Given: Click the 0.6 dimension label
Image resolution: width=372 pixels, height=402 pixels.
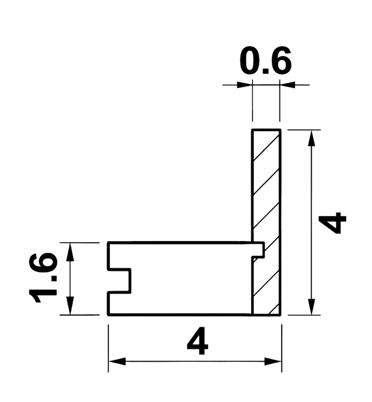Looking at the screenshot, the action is (x=266, y=61).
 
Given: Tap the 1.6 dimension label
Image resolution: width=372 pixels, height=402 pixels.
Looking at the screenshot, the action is (x=43, y=278).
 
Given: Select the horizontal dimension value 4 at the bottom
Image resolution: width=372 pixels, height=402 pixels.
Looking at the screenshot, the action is (x=197, y=341).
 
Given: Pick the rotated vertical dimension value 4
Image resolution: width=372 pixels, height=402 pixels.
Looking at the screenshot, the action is (x=332, y=223).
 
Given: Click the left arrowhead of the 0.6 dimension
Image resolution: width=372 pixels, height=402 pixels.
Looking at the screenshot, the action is (x=245, y=85).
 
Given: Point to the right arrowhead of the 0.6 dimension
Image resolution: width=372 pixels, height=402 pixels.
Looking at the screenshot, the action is (x=287, y=85).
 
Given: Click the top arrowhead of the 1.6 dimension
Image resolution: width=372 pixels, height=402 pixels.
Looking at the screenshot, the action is (x=70, y=252).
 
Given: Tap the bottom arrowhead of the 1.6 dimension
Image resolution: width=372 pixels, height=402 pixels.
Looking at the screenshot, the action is (x=70, y=306).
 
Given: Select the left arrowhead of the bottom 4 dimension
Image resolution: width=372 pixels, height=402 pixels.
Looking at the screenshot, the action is (x=117, y=362).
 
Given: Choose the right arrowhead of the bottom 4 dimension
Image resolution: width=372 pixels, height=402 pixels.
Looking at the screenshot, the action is (x=273, y=362).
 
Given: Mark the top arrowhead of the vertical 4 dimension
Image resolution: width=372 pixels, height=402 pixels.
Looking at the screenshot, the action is (x=311, y=139).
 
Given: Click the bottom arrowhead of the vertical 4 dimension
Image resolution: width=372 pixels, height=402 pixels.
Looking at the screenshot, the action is (x=311, y=307).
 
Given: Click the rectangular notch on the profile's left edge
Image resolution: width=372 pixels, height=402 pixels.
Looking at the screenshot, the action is (x=120, y=281).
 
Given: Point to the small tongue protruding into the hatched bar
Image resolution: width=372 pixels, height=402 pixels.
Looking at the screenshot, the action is (x=258, y=250).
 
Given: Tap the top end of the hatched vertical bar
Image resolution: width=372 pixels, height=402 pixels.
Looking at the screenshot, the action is (x=266, y=130).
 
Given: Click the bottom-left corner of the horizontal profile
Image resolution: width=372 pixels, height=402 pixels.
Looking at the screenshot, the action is (x=108, y=315).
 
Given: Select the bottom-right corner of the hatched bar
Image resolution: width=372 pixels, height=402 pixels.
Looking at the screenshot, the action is (x=281, y=315).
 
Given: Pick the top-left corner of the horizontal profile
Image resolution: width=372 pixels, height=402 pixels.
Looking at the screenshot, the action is (x=108, y=242).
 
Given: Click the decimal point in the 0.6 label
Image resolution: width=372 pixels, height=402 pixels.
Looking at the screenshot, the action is (x=266, y=71).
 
